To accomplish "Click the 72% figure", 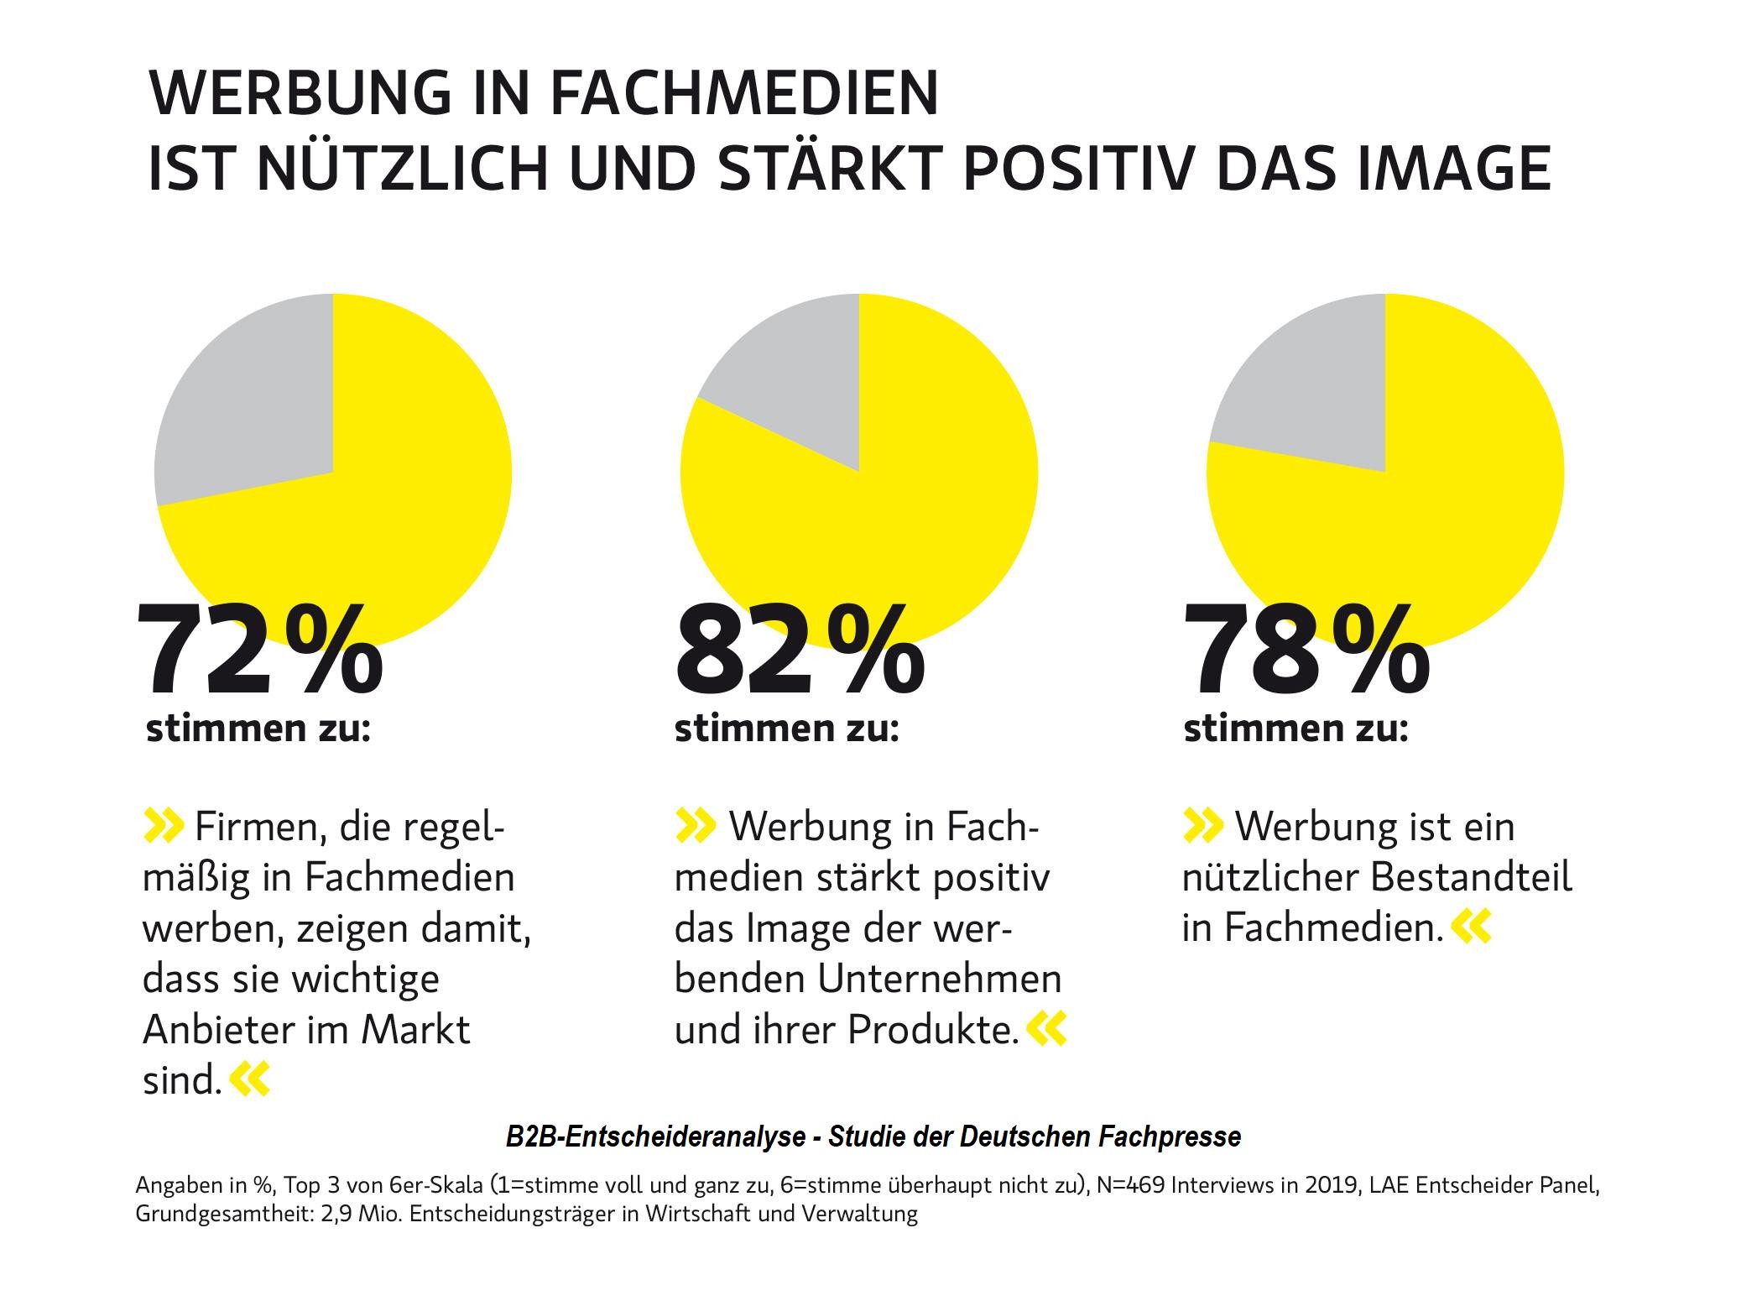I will pos(258,651).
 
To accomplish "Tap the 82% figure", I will pos(799,651).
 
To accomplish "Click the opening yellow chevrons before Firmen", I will pos(163,826).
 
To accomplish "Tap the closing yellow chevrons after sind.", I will pos(250,1079).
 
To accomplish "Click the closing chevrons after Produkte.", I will pos(1046,1029).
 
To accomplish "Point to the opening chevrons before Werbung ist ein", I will pos(1202,826).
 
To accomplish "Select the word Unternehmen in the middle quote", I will pos(940,979).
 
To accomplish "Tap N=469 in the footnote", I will pos(1130,1185).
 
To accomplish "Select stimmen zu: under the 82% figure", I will pos(786,729).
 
